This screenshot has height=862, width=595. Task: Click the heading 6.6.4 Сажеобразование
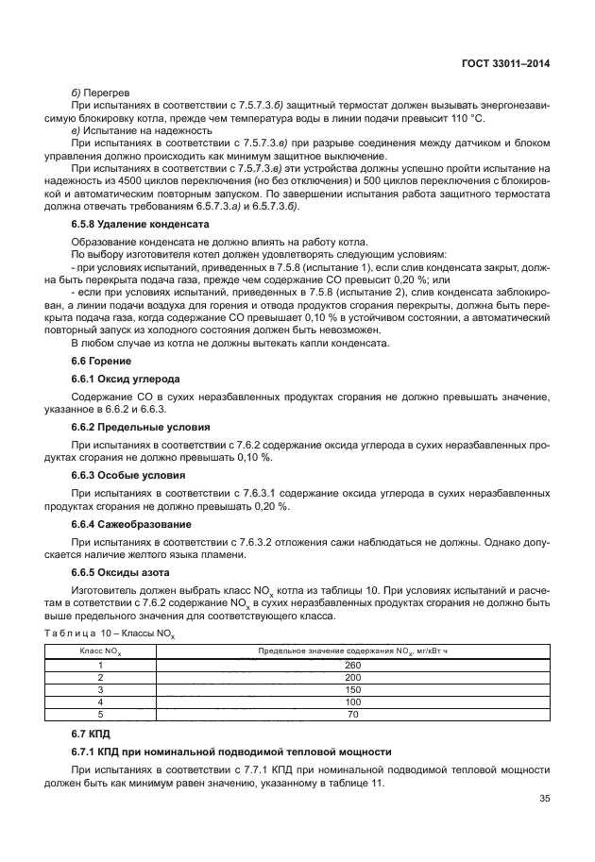tap(131, 524)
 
